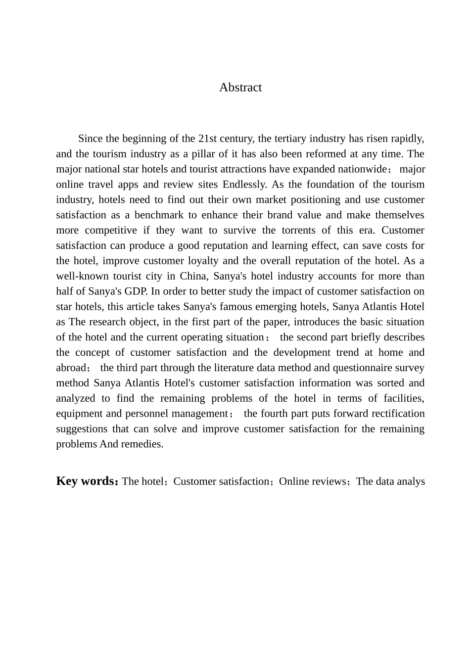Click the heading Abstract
240,88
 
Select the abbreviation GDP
136,292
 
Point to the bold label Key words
86,481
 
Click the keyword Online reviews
312,481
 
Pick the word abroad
71,368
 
